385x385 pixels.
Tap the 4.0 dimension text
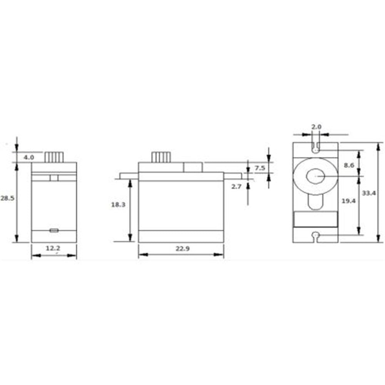pyautogui.click(x=28, y=157)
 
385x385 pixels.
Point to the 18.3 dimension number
pyautogui.click(x=118, y=205)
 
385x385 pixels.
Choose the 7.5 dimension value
pyautogui.click(x=259, y=168)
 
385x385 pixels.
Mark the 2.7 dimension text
pyautogui.click(x=236, y=186)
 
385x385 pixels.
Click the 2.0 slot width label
pyautogui.click(x=316, y=126)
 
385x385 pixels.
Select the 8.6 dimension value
pyautogui.click(x=349, y=165)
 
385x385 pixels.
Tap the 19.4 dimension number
pyautogui.click(x=348, y=201)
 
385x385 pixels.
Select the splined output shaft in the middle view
pyautogui.click(x=161, y=157)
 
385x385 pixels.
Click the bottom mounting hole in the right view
pyautogui.click(x=316, y=235)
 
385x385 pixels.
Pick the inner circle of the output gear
pyautogui.click(x=315, y=176)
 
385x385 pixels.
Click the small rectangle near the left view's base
pyautogui.click(x=54, y=230)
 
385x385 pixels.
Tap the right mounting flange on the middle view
pyautogui.click(x=233, y=176)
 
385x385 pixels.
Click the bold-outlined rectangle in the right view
pyautogui.click(x=316, y=219)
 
